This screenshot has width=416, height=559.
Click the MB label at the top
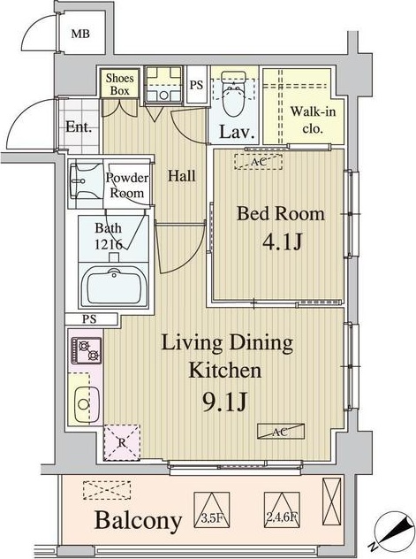pyautogui.click(x=80, y=34)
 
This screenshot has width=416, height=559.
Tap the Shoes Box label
pyautogui.click(x=119, y=84)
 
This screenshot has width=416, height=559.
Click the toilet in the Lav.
pyautogui.click(x=233, y=94)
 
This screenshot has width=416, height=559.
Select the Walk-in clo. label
pyautogui.click(x=313, y=119)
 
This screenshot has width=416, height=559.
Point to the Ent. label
pyautogui.click(x=79, y=126)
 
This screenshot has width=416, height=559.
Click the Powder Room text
pyautogui.click(x=127, y=186)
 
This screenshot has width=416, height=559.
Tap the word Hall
pyautogui.click(x=181, y=176)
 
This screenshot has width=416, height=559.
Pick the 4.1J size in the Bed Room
pyautogui.click(x=282, y=242)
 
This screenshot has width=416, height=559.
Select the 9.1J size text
pyautogui.click(x=224, y=403)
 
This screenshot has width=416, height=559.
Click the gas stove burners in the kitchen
pyautogui.click(x=87, y=350)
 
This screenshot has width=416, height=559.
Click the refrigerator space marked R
pyautogui.click(x=122, y=442)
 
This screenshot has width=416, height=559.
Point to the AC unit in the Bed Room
pyautogui.click(x=259, y=162)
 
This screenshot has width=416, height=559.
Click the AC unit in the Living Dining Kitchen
pyautogui.click(x=281, y=432)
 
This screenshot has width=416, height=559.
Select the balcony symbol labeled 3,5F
pyautogui.click(x=211, y=510)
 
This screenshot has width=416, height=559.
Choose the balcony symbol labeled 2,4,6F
pyautogui.click(x=282, y=510)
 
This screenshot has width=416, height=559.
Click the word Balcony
pyautogui.click(x=138, y=520)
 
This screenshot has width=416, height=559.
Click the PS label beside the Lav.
pyautogui.click(x=196, y=85)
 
